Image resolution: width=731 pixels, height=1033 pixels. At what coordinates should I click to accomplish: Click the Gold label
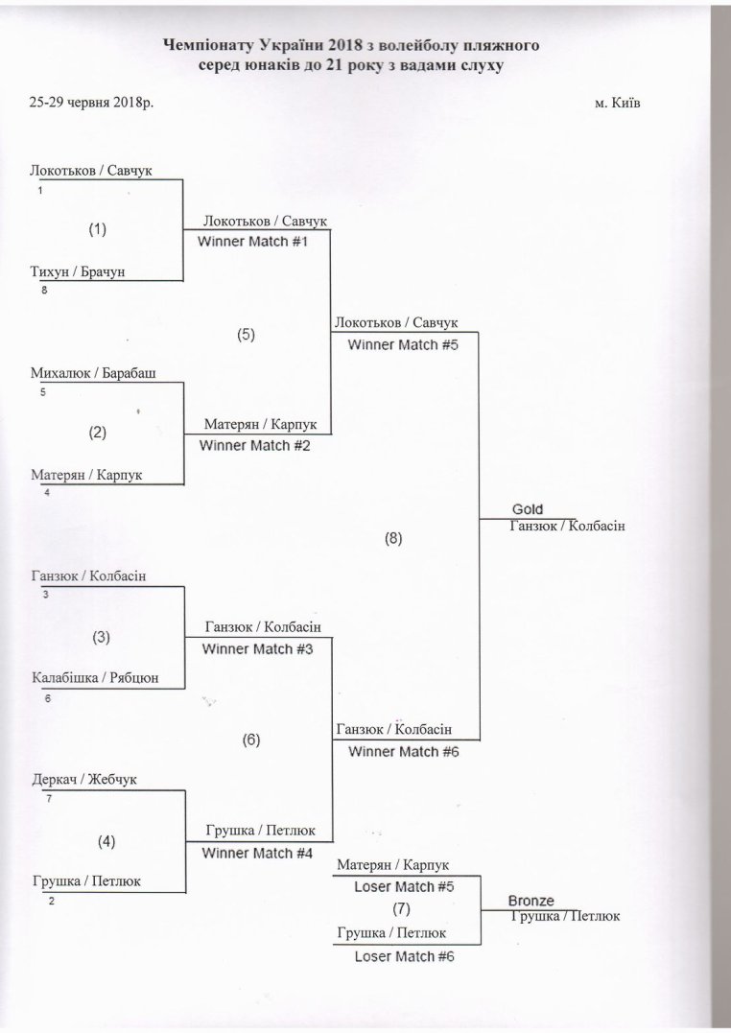tap(528, 509)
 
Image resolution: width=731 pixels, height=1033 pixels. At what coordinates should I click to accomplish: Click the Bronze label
tap(531, 901)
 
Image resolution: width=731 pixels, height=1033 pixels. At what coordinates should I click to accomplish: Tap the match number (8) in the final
tap(393, 538)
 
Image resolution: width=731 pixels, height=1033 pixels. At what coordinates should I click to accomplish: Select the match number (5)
tap(246, 335)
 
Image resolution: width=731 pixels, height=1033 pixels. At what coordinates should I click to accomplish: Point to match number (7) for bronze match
tap(401, 909)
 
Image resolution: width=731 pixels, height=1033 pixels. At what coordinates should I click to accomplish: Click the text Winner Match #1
tap(253, 241)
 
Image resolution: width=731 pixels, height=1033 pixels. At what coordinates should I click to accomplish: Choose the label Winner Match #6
tap(404, 752)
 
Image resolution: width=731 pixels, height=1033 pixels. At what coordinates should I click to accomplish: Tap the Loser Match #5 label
tap(404, 887)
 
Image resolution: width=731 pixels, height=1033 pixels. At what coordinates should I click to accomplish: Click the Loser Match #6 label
tap(405, 956)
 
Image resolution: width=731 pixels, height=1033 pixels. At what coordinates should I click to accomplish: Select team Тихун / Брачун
tap(78, 271)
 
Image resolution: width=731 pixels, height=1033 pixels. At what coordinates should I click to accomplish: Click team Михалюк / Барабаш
tap(94, 373)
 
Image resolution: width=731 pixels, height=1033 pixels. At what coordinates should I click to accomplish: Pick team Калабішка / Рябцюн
tap(96, 677)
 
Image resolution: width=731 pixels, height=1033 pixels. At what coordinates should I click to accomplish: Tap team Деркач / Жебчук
tap(84, 780)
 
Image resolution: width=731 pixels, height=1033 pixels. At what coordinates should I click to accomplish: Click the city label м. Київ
tap(617, 104)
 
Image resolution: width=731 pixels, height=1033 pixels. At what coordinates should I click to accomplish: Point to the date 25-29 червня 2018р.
tap(92, 102)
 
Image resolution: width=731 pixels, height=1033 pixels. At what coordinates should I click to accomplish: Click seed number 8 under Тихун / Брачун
tap(44, 290)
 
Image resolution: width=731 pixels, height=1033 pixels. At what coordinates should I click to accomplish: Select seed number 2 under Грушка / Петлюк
tap(52, 902)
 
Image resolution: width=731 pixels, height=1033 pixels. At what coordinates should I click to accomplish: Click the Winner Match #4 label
tap(257, 853)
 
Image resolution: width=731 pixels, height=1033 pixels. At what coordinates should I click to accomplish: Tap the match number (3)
tap(101, 637)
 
